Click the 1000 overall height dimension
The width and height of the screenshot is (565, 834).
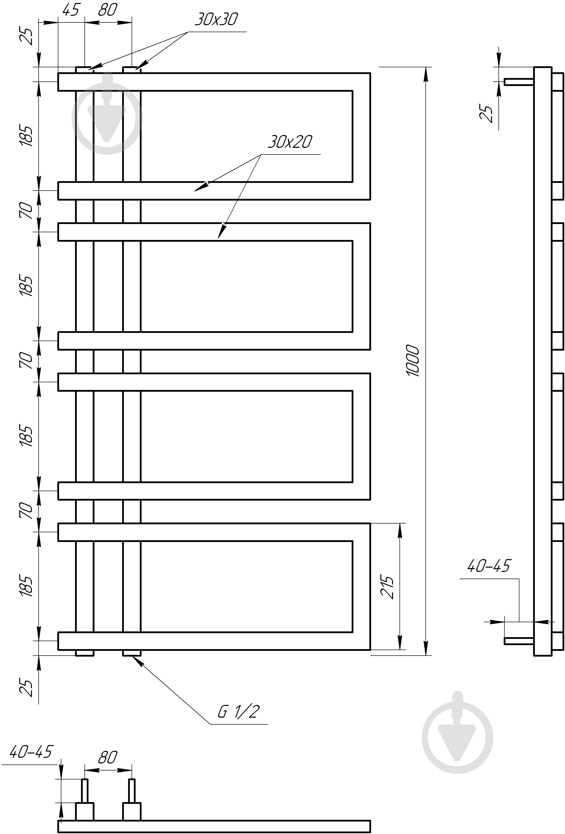click(413, 361)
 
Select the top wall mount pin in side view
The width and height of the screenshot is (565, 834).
click(519, 82)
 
